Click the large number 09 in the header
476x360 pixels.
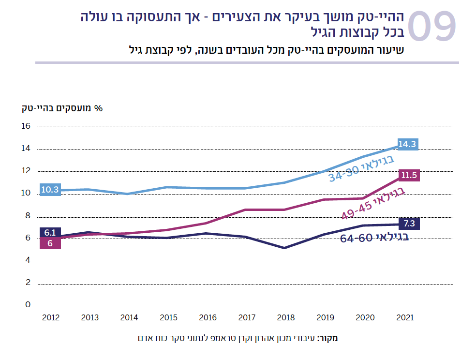coord(432,27)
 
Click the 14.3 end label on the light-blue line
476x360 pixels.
coord(407,144)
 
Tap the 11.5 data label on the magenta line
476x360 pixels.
coord(409,175)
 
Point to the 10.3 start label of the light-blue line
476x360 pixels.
coord(49,190)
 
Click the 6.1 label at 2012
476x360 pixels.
coord(50,233)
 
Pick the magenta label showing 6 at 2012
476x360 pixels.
coord(50,243)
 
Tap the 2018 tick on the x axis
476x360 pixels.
coord(286,318)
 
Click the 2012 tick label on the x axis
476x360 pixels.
coord(51,318)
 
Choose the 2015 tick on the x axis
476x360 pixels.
coord(168,318)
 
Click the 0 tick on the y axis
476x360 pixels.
coord(28,305)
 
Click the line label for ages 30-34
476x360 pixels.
coord(362,168)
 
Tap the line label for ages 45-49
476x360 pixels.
coord(372,204)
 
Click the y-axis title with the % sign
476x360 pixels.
coord(62,108)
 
